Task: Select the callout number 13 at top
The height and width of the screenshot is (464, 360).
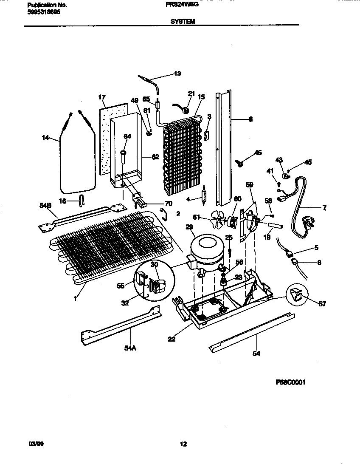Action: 177,74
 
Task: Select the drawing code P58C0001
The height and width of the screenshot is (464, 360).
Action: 290,382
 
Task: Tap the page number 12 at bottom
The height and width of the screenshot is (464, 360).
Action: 183,444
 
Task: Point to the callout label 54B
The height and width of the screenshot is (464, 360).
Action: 45,205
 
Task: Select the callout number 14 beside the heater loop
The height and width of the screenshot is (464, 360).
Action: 45,138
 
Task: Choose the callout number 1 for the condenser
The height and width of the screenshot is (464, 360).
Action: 75,299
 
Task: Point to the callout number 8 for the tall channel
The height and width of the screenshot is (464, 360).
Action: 250,119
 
